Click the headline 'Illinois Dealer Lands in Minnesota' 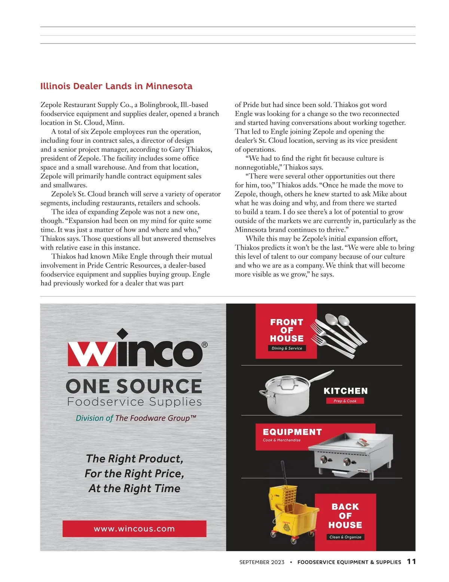coord(116,86)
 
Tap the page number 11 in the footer coord(411,561)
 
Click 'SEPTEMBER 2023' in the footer coord(262,562)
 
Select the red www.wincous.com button coord(134,529)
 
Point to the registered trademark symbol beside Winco coord(204,345)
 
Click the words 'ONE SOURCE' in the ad coord(134,386)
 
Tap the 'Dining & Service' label coord(287,348)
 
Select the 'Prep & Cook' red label coord(345,401)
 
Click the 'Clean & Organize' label coord(345,537)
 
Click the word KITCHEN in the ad coord(345,391)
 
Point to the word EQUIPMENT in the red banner coord(292,432)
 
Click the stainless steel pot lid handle coord(287,381)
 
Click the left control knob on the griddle coord(324,459)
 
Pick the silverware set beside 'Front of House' coord(339,334)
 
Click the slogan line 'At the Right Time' coord(134,488)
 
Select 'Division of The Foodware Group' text coord(136,418)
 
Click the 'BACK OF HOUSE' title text coord(345,516)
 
